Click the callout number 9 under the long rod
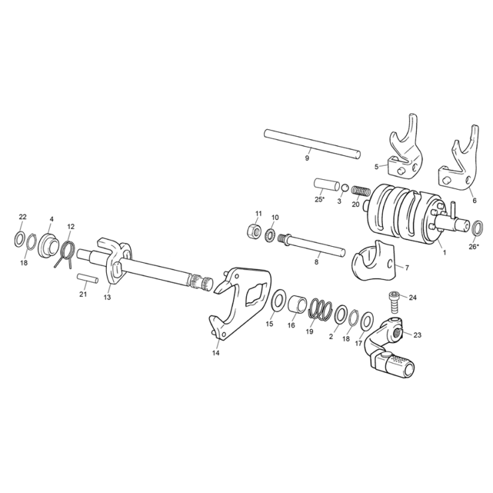[307, 159]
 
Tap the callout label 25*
[319, 199]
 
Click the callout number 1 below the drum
[444, 253]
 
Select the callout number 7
[407, 268]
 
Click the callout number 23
[417, 335]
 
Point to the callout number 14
[216, 353]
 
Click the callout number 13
[107, 298]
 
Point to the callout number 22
[23, 217]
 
